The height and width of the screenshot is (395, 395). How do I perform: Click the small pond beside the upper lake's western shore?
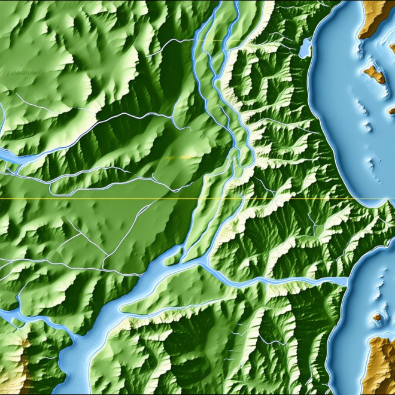(x=306, y=46)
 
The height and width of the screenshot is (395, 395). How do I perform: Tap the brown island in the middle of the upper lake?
(x=375, y=74)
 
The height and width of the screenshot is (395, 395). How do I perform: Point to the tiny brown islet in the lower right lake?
(x=377, y=317)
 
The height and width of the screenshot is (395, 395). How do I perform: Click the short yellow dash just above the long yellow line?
(x=178, y=157)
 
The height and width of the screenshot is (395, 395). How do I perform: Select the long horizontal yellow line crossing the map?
(x=120, y=199)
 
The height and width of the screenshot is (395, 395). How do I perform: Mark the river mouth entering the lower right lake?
(x=347, y=281)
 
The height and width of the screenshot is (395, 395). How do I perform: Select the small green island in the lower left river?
(x=12, y=317)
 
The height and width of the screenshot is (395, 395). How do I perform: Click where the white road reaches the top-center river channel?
(x=195, y=41)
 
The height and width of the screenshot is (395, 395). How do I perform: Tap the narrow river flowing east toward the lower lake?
(x=281, y=280)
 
